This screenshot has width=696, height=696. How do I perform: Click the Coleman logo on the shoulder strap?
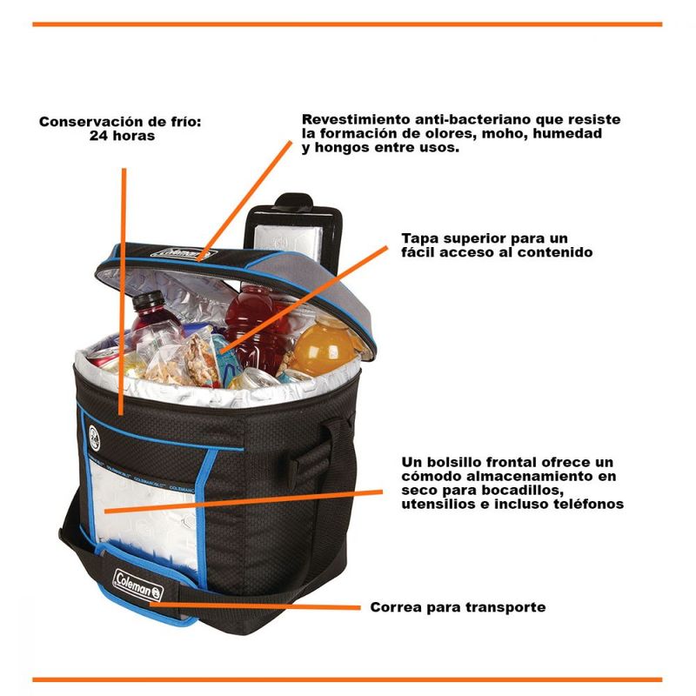138,585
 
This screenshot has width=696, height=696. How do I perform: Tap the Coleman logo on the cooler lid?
184,253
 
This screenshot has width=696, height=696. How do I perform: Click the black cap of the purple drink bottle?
148,300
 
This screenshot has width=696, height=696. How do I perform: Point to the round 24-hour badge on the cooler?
95,438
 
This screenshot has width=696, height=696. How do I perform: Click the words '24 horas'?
122,136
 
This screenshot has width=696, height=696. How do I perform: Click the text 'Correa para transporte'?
458,606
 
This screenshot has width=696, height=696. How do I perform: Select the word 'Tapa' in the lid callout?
420,238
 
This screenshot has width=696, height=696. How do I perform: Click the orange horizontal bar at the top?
347,24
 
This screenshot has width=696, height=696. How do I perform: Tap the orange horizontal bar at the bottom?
347,679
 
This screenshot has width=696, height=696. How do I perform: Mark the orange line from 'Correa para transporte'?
255,606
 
